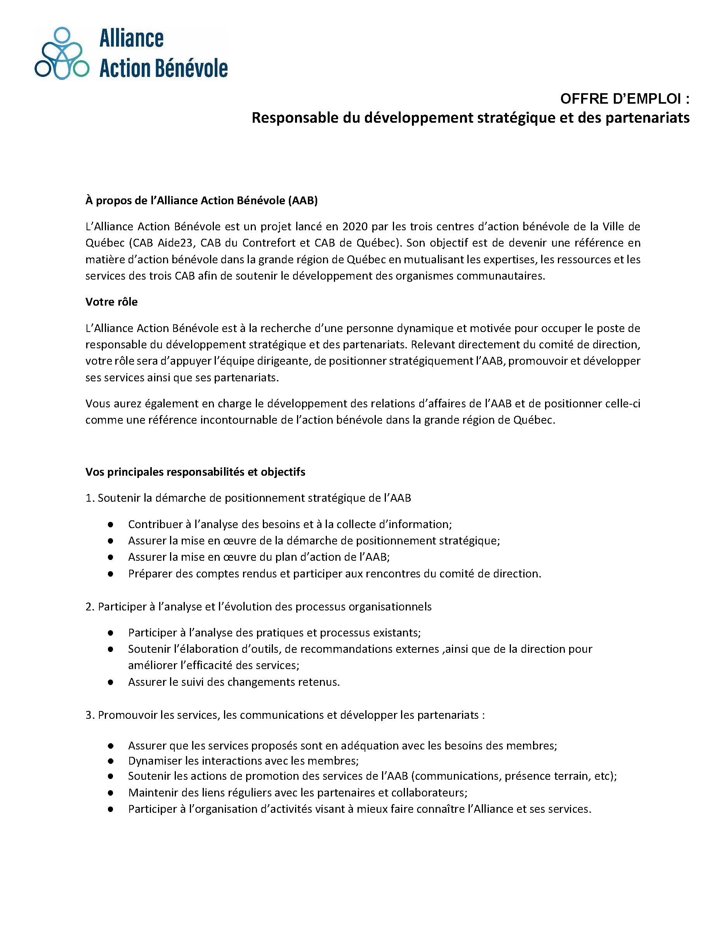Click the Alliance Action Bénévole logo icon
tap(62, 54)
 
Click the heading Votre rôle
tap(111, 302)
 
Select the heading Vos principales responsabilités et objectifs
tap(195, 472)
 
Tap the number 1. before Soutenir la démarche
tap(90, 498)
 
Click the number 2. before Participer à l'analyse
tap(90, 607)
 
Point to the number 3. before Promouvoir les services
tap(90, 715)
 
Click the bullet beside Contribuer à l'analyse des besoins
tap(111, 525)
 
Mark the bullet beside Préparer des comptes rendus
tap(111, 574)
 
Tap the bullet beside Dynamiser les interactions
tap(111, 761)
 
